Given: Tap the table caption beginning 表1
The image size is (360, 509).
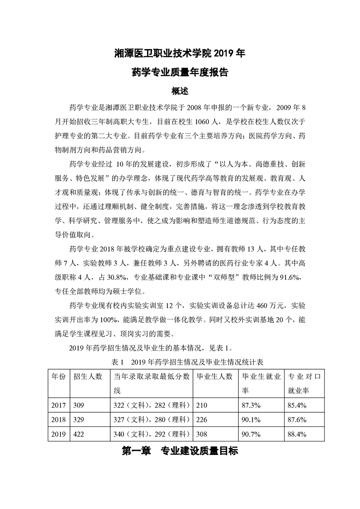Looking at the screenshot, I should tap(180, 362).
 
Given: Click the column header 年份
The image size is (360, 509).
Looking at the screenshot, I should tap(58, 377).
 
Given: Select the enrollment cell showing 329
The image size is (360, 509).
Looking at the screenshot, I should tap(79, 419).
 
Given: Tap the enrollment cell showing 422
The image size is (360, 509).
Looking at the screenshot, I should tap(79, 434).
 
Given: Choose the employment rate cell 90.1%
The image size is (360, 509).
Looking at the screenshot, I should tap(251, 419).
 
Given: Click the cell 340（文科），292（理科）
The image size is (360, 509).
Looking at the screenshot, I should tap(152, 434).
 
